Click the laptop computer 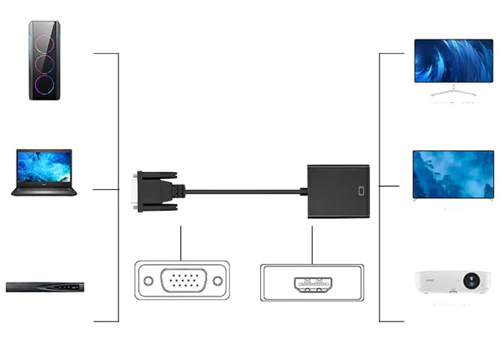(44, 172)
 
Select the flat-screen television (453, 175)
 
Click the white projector (452, 282)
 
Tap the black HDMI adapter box (338, 191)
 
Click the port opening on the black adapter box (360, 191)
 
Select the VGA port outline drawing (181, 280)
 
